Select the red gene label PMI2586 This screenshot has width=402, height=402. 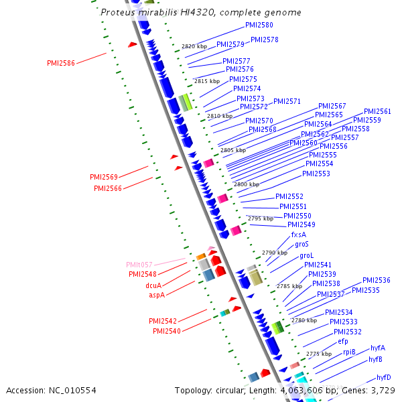click(x=61, y=63)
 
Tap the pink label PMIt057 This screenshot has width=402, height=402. click(x=139, y=265)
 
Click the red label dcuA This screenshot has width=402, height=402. click(x=154, y=285)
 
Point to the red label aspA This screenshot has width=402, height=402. click(x=156, y=294)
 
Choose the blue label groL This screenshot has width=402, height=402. click(x=306, y=255)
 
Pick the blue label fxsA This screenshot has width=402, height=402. click(x=298, y=234)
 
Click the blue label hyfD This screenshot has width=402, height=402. click(x=383, y=377)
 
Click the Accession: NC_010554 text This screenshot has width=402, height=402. click(x=51, y=390)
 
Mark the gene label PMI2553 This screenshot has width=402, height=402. click(x=316, y=174)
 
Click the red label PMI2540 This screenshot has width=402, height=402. click(x=166, y=331)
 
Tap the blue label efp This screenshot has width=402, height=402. click(x=342, y=341)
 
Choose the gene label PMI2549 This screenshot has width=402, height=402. click(x=301, y=224)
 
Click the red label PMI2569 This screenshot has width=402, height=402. click(x=104, y=177)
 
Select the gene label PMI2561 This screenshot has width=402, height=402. click(x=377, y=111)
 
